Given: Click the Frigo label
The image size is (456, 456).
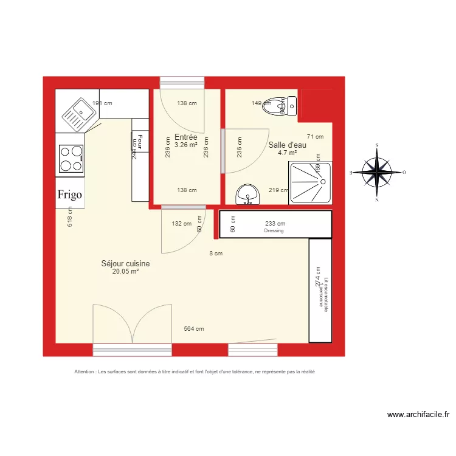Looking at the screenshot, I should point(70,195).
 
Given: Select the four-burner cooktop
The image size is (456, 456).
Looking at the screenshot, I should point(70,158).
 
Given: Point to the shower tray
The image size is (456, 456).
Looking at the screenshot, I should point(311,183).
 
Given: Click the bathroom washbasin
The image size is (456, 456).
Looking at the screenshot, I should point(247,195).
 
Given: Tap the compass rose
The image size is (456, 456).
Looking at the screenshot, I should point(377,173).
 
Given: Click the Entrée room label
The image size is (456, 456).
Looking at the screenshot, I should point(185,137).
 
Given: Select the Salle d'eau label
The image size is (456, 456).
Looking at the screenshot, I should point(287,145).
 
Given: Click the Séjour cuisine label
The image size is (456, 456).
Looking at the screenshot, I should point(125,264).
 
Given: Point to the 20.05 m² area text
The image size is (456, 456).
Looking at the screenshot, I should point(125,272).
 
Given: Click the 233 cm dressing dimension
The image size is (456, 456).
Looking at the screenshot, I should point(275,224).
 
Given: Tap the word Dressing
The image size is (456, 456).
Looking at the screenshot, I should point(275,231).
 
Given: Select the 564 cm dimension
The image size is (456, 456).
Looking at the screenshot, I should point(194,329).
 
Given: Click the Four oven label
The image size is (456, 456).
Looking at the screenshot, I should point(140,142).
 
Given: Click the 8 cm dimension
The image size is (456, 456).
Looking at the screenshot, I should point(215,254).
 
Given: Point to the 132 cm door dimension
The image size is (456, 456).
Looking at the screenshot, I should point(181,224).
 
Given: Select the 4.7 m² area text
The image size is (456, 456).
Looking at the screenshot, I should point(287,153).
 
